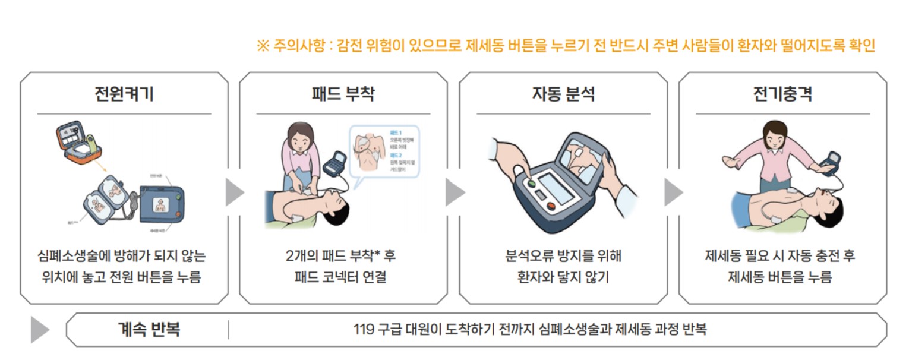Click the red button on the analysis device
551,207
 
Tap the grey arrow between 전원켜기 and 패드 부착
235,192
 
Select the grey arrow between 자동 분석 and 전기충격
673,192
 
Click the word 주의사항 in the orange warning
300,46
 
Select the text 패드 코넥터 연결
343,277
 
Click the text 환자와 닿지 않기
563,277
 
